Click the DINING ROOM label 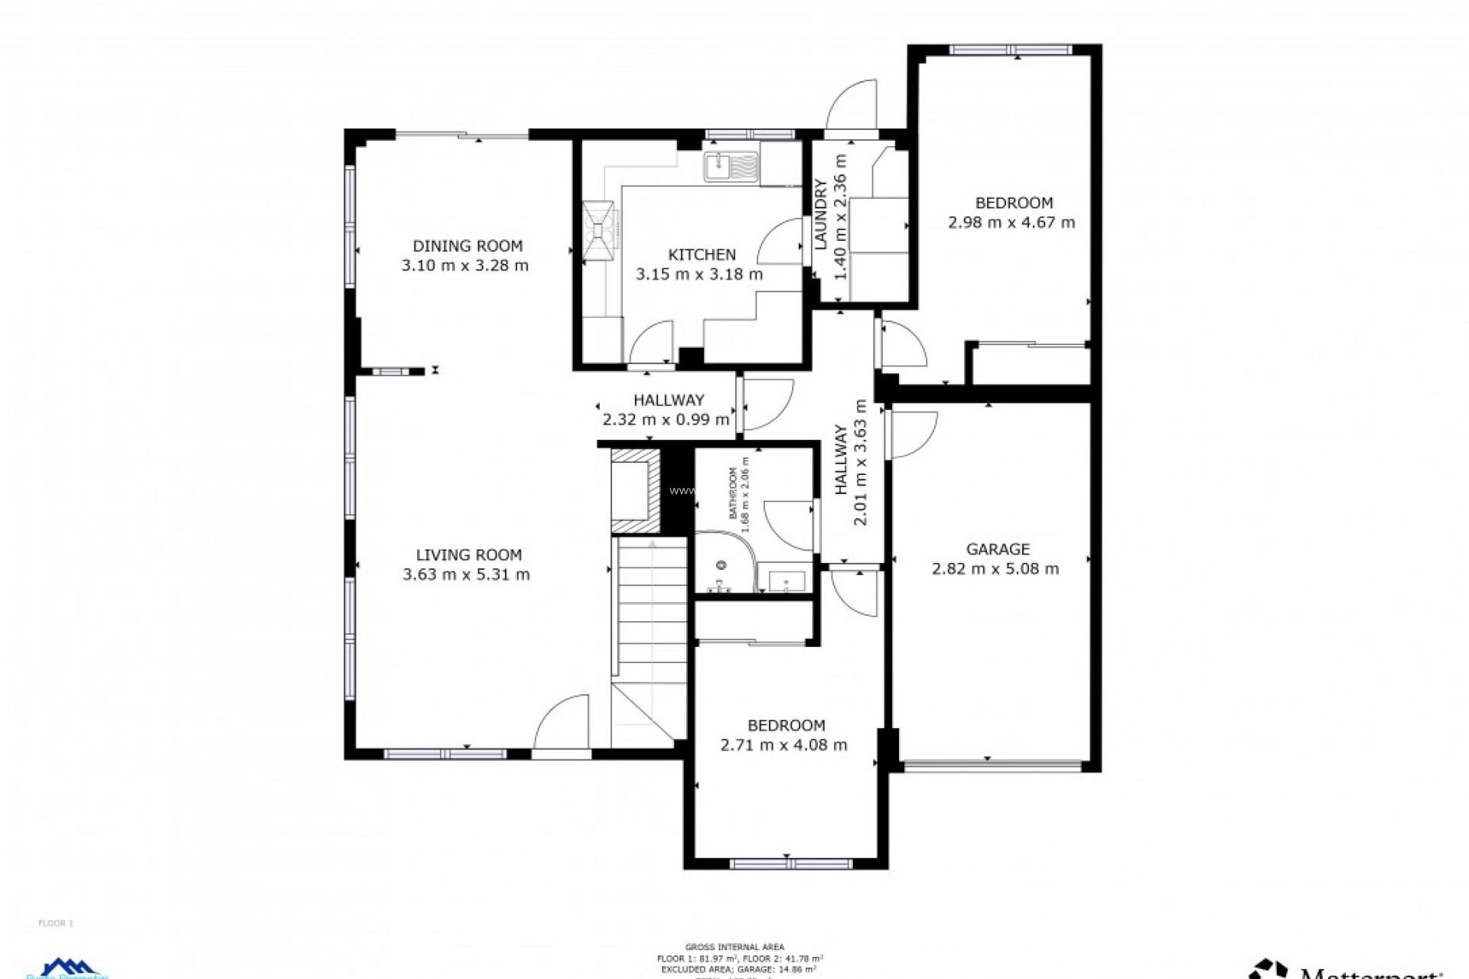[467, 246]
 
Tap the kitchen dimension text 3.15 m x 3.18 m [699, 274]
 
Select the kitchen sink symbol [731, 167]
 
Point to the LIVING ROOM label [468, 555]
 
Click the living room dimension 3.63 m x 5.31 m [466, 574]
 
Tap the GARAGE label [998, 548]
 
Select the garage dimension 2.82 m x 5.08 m [995, 568]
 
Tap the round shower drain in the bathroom [721, 565]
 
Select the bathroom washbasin [787, 582]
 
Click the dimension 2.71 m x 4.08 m [783, 745]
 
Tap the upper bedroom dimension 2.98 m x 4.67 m [1011, 223]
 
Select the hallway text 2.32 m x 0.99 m [666, 419]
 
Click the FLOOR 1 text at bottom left [56, 923]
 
